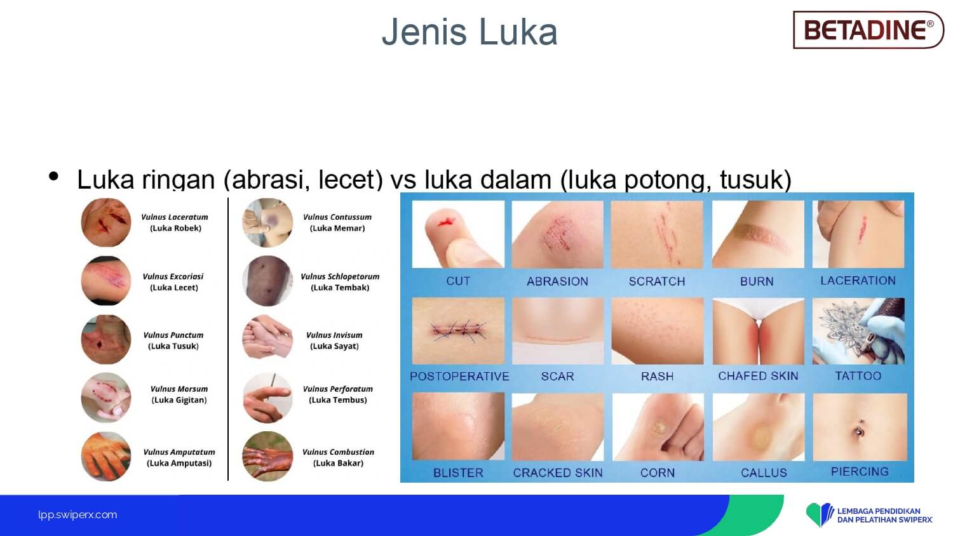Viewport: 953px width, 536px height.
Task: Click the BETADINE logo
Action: click(868, 30)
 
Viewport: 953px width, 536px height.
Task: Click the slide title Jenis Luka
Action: click(470, 32)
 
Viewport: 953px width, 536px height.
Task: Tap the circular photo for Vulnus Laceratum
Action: click(106, 222)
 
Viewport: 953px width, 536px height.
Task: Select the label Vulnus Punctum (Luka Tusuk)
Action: click(173, 340)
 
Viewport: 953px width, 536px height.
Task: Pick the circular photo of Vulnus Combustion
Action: click(267, 457)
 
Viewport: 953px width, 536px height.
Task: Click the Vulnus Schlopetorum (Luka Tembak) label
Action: click(340, 281)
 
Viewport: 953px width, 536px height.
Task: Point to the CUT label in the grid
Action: click(458, 281)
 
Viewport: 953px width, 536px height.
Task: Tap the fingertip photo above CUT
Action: click(458, 234)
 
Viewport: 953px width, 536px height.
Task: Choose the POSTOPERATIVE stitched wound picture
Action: click(458, 331)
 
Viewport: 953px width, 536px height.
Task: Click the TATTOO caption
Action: click(858, 376)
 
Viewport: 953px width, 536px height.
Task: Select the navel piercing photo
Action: click(860, 427)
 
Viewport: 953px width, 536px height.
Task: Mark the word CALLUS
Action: click(764, 472)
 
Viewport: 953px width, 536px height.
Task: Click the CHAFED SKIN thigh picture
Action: click(758, 331)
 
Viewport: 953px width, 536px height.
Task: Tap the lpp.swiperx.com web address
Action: click(78, 515)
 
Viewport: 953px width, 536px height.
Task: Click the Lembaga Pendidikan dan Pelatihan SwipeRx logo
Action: click(869, 515)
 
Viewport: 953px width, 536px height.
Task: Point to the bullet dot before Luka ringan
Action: click(53, 176)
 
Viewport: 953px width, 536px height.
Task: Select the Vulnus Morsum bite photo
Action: click(106, 398)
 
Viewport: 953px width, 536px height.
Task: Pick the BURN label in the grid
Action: click(757, 281)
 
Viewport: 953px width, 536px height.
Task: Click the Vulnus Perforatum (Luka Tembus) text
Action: click(338, 394)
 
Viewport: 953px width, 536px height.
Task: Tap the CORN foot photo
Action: click(658, 427)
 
